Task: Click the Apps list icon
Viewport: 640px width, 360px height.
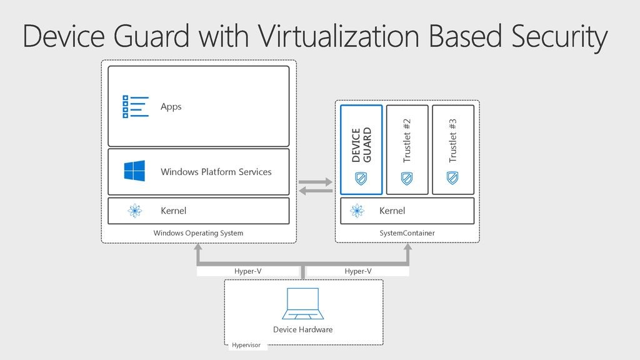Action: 136,106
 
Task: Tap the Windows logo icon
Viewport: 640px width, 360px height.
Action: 134,171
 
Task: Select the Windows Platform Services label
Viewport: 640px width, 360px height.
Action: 216,172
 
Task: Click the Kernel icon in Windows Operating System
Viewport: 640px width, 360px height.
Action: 134,211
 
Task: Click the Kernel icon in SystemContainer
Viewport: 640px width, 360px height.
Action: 357,211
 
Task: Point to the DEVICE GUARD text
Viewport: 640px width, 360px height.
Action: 361,145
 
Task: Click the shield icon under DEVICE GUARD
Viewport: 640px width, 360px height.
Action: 361,178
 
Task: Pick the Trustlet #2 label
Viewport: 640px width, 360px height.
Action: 407,141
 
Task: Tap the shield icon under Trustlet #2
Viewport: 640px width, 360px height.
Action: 407,178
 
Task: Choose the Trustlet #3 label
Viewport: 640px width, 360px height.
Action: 453,141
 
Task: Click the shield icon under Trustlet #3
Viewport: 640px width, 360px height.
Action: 453,178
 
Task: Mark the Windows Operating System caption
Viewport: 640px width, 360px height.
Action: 198,233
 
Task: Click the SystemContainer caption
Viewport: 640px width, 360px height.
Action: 407,233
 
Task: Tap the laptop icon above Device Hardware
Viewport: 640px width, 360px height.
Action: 302,304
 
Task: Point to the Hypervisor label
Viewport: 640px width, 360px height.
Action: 246,345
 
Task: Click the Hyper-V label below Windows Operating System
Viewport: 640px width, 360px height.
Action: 247,271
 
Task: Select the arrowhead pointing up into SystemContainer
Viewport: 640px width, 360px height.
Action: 407,249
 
